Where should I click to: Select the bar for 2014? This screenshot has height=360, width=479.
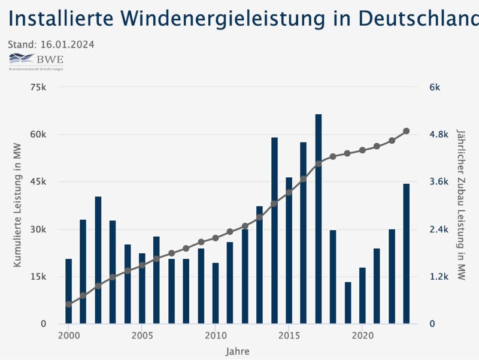274,231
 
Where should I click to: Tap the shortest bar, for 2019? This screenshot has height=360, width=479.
348,302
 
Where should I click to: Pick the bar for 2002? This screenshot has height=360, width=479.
98,260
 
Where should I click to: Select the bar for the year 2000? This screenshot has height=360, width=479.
69,291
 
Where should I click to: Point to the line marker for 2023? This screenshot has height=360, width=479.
407,131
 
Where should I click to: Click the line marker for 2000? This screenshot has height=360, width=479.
69,304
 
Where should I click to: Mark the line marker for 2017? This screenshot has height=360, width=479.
319,163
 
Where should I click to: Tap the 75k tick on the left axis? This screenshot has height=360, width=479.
38,87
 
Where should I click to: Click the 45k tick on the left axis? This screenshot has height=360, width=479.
38,182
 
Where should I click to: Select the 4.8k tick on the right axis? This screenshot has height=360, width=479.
439,135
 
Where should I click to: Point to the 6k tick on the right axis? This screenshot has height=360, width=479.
435,87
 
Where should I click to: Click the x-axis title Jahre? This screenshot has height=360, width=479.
238,351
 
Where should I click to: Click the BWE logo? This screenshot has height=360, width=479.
36,60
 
